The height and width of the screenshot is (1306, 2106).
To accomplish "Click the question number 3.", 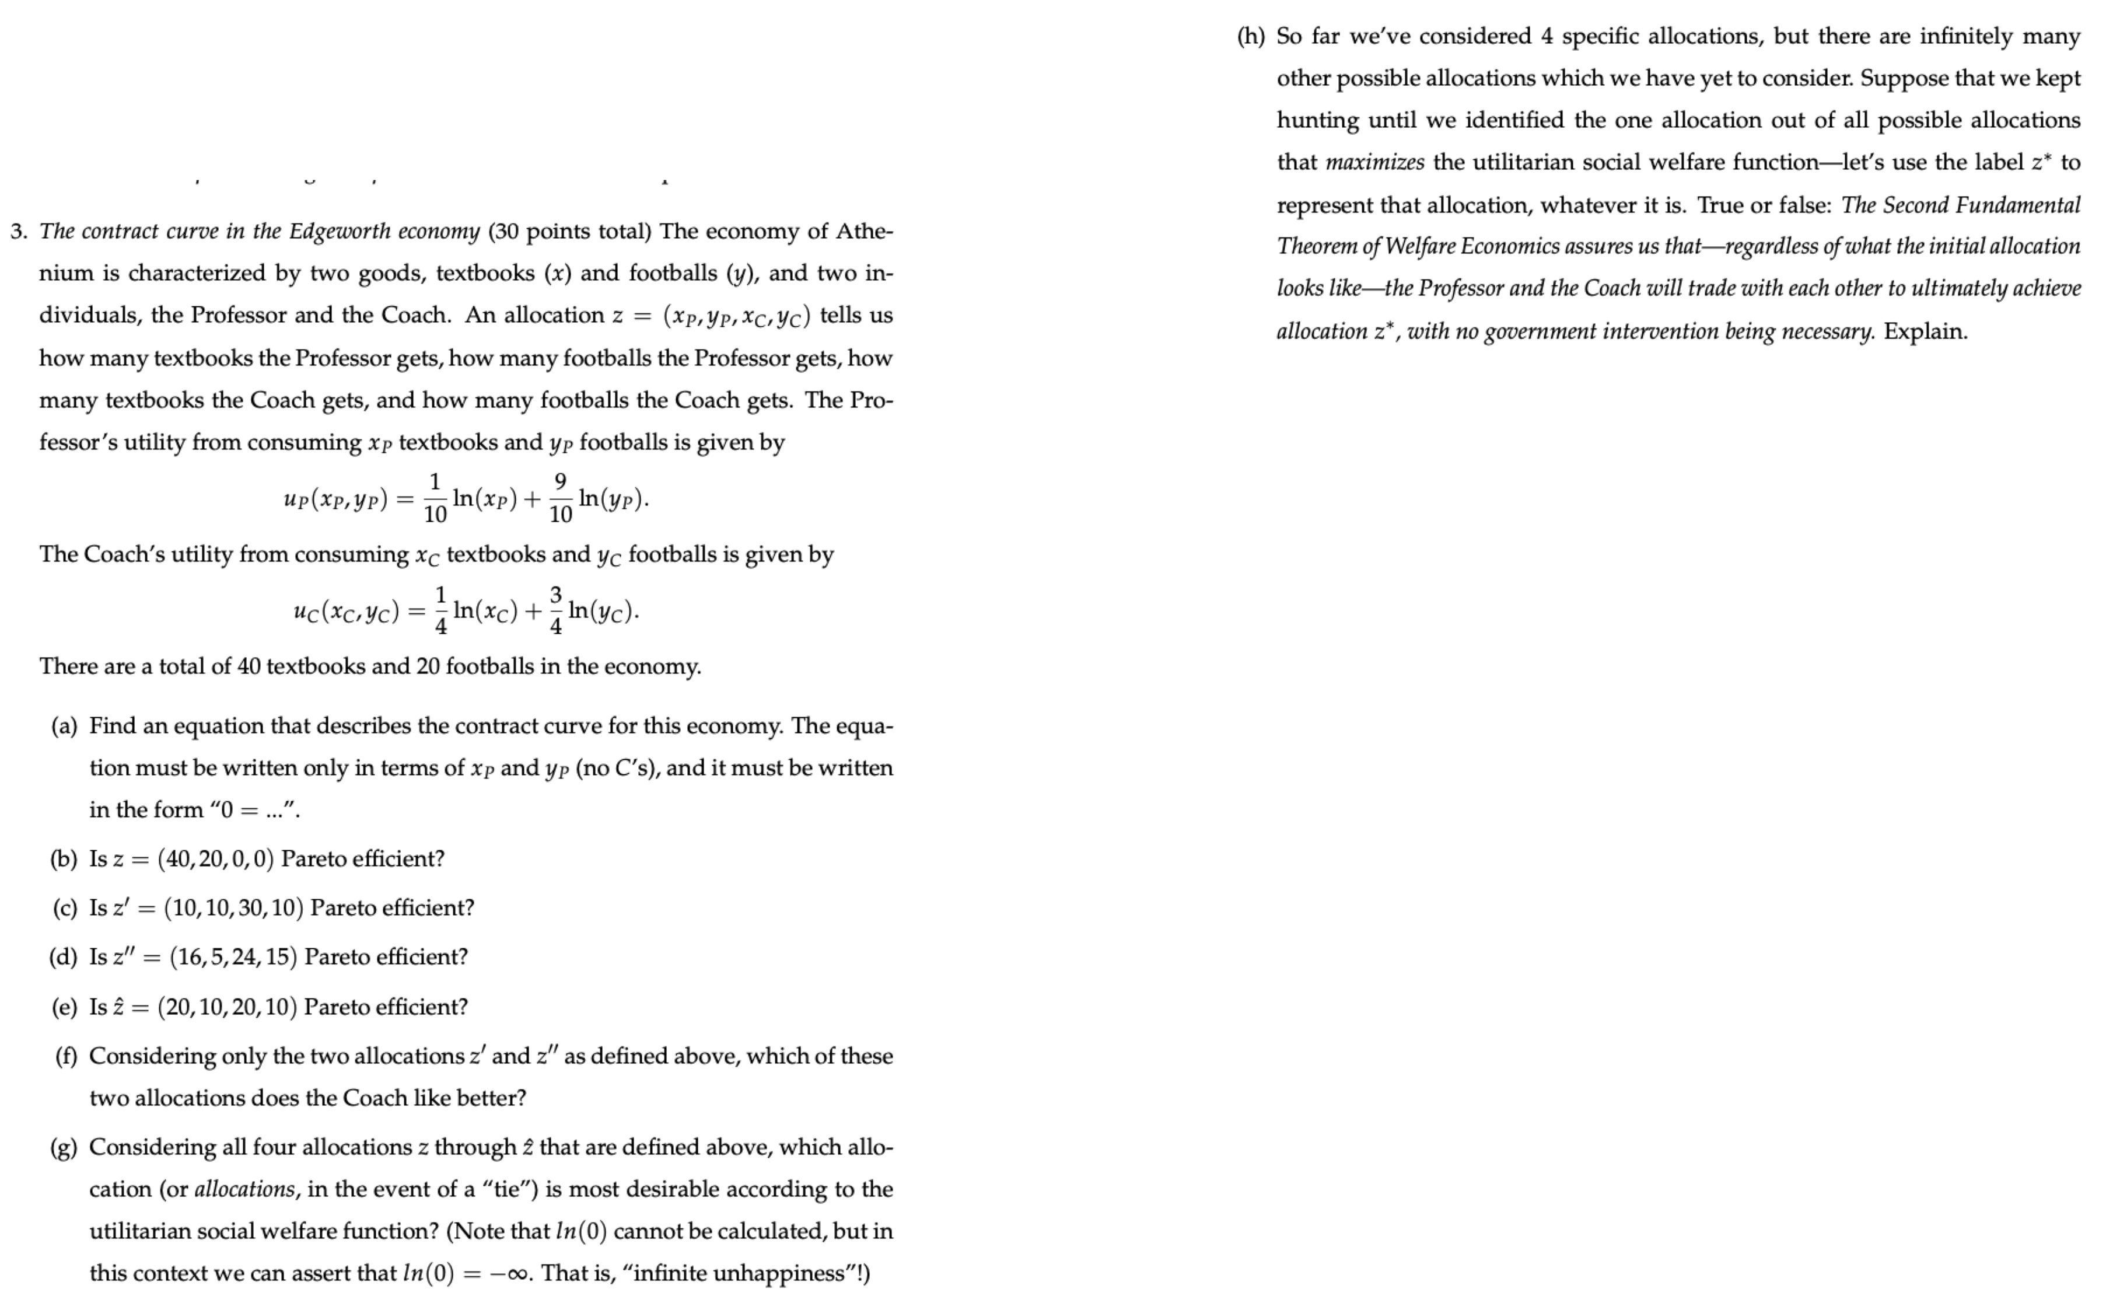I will tap(19, 232).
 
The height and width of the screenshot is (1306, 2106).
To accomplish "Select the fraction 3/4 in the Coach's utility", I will tap(555, 610).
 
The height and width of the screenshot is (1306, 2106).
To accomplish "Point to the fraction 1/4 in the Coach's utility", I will tap(440, 610).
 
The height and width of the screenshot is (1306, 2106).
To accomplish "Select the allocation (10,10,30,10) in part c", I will tap(233, 909).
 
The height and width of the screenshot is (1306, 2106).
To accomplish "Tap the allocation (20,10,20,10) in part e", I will tap(227, 1008).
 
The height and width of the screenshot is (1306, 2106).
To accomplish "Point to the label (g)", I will tap(64, 1148).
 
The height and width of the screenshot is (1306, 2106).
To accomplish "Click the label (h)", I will tap(1250, 36).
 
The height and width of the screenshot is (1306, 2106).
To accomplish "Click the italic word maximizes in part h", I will tap(1374, 162).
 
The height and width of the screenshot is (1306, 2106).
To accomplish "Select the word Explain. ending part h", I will tap(1926, 331).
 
